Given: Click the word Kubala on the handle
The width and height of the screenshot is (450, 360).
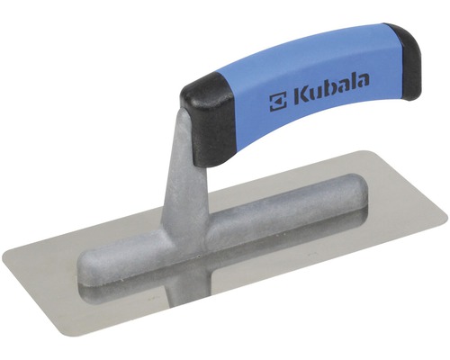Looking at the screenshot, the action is pyautogui.click(x=331, y=90).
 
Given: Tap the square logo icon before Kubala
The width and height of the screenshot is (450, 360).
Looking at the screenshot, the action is pyautogui.click(x=278, y=103).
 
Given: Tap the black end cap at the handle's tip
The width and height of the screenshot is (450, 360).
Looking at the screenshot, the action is pyautogui.click(x=404, y=61).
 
